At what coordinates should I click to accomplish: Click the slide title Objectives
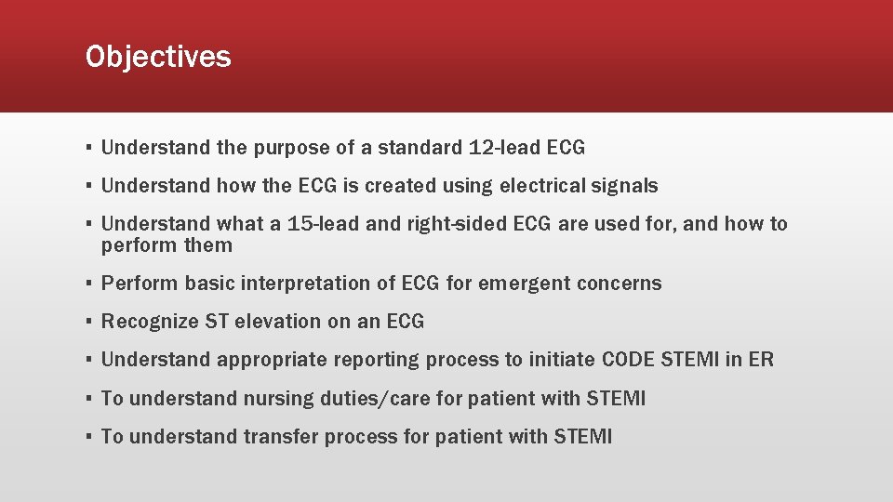click(157, 57)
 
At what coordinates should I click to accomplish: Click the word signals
click(625, 186)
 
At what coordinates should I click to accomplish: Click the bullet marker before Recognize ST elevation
click(87, 322)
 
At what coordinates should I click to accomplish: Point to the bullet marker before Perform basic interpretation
click(87, 284)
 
